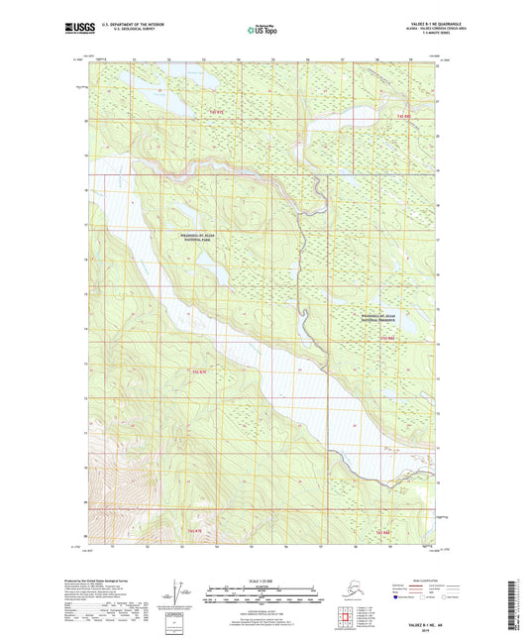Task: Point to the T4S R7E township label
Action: (x=218, y=114)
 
